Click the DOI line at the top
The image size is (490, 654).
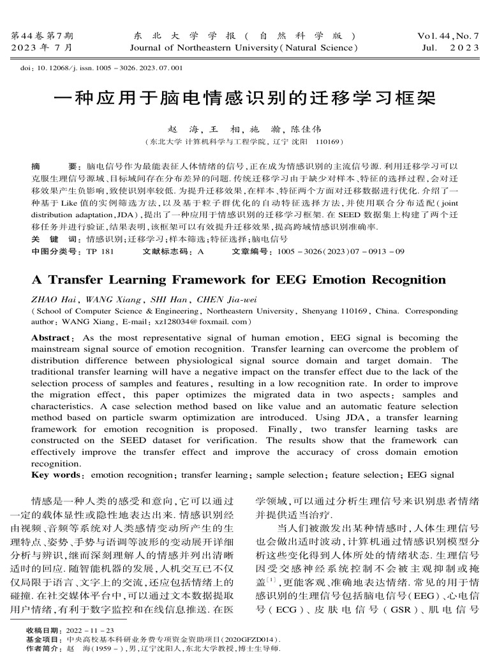[102, 67]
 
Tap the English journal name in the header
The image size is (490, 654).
[245, 47]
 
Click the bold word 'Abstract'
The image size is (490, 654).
[51, 338]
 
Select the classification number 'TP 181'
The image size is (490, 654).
[100, 252]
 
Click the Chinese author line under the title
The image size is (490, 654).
[244, 128]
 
